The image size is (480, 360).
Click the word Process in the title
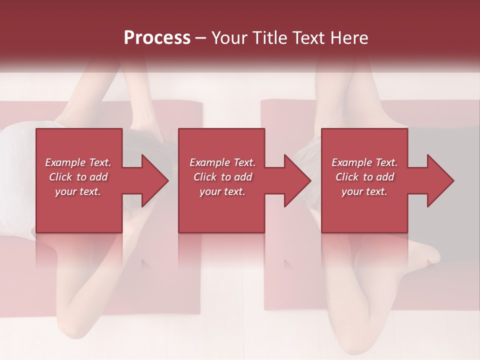click(157, 38)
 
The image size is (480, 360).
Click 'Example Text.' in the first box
click(78, 162)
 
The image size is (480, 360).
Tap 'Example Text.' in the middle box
click(222, 162)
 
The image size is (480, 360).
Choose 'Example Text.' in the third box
click(364, 162)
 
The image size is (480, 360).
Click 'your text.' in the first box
click(78, 191)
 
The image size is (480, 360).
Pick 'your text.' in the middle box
click(222, 191)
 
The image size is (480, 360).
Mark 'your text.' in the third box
click(364, 191)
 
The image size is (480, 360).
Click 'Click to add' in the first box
click(78, 177)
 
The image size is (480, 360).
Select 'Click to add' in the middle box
click(222, 177)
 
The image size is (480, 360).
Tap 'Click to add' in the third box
click(364, 177)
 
